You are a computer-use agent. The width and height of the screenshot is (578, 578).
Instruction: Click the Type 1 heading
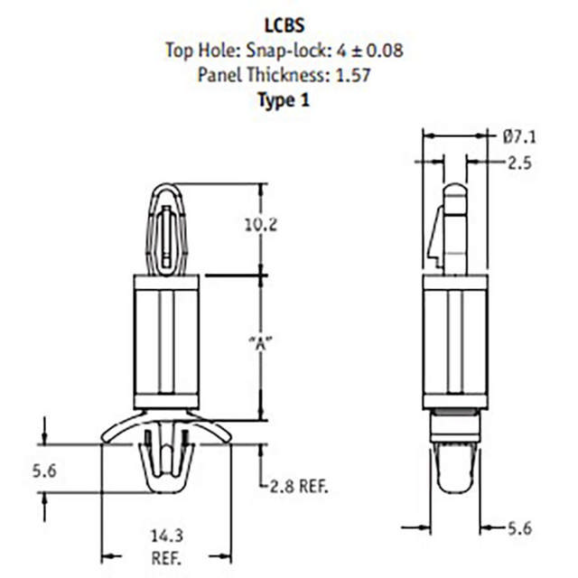[x=284, y=100]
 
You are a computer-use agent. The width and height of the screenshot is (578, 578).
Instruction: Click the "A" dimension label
[x=260, y=343]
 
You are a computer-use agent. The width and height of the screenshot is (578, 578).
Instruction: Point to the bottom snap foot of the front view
[x=165, y=470]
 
